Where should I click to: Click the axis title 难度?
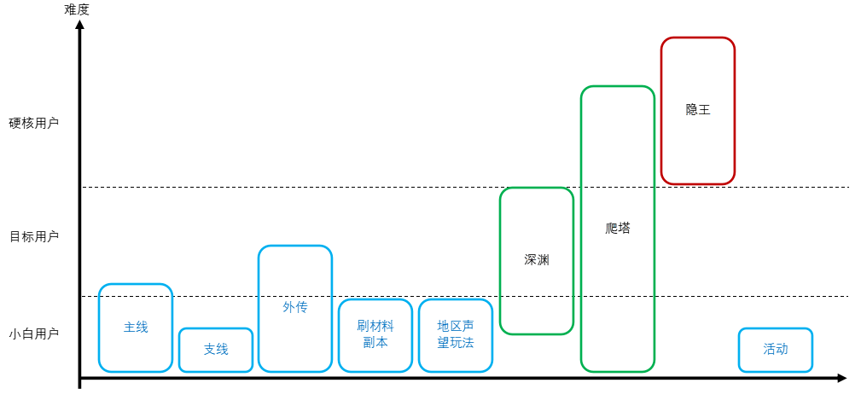point(76,9)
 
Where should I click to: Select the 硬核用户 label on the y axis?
point(34,123)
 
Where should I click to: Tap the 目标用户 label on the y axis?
point(34,236)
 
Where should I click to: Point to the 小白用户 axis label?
point(34,334)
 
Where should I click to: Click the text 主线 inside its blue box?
point(136,327)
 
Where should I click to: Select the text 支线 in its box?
point(216,349)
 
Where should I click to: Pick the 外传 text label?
point(294,307)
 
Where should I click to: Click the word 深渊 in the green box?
point(537,259)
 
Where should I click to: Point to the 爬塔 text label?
point(617,228)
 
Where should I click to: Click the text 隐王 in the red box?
point(698,110)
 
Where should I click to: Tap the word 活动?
point(776,349)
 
